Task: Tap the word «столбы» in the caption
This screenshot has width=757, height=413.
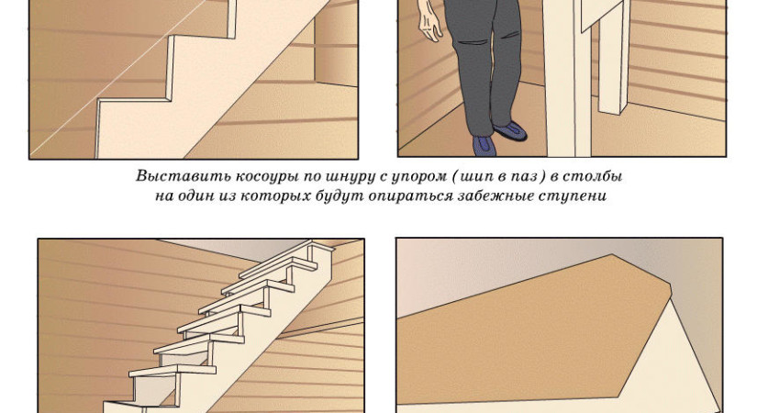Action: tap(597, 176)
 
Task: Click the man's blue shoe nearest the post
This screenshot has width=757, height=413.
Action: tap(510, 130)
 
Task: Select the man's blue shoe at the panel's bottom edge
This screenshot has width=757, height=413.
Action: tap(484, 145)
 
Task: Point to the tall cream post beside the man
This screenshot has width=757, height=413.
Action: tap(568, 78)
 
